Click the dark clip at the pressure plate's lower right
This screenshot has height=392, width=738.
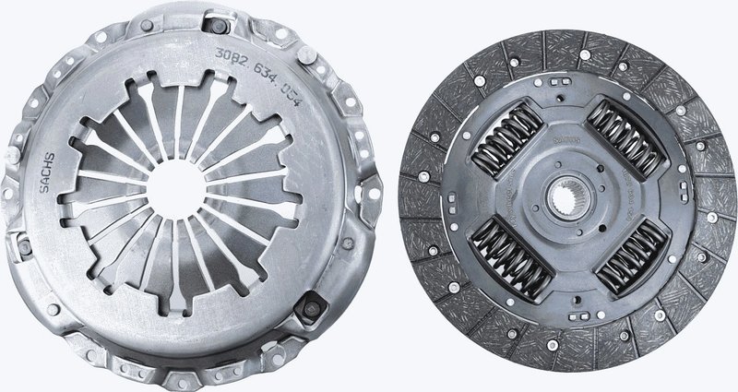(x=314, y=305)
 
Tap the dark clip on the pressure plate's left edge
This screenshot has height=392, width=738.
(x=21, y=250)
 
